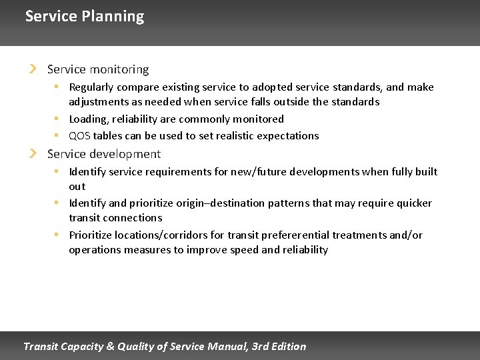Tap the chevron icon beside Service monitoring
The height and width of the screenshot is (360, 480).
coord(33,69)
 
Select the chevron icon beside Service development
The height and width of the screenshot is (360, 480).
coord(33,154)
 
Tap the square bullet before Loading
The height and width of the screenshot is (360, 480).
coord(58,119)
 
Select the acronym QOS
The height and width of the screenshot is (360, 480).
coord(80,136)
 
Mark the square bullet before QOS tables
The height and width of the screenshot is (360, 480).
coord(58,135)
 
